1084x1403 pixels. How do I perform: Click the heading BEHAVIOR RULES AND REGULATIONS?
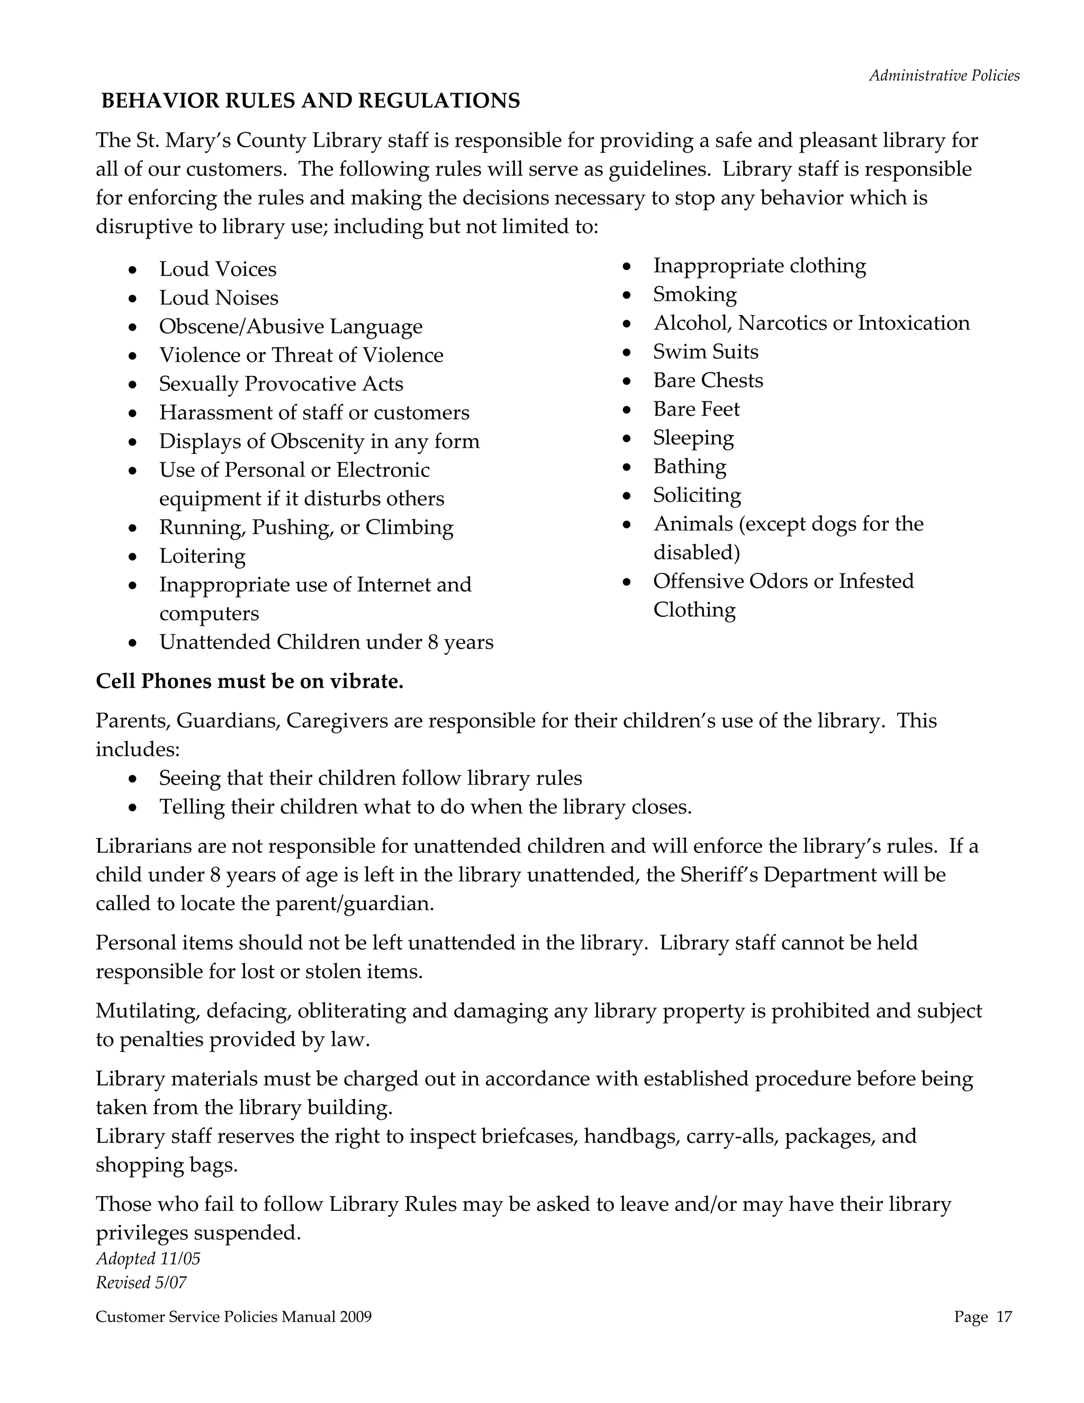pos(311,101)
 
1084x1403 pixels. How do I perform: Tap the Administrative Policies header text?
pos(944,76)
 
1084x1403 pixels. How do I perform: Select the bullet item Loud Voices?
pos(218,269)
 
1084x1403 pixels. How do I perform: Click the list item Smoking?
pos(695,294)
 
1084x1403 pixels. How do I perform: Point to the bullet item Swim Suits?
pos(706,352)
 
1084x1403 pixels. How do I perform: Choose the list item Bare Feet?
pos(696,409)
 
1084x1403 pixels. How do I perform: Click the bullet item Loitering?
pos(202,556)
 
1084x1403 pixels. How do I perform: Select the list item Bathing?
pos(690,466)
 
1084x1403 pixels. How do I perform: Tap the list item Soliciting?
pos(697,496)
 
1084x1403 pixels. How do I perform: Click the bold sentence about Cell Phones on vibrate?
pos(249,681)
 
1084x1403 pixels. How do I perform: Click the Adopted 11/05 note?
pos(148,1258)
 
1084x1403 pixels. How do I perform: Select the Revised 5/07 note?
pos(141,1283)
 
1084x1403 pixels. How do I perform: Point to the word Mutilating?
pos(147,1011)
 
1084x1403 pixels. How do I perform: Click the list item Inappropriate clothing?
pos(759,266)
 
